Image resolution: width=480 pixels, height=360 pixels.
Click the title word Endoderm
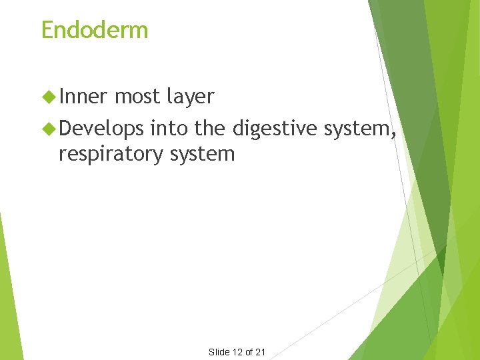pyautogui.click(x=95, y=30)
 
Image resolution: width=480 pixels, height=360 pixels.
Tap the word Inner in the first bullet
pyautogui.click(x=83, y=97)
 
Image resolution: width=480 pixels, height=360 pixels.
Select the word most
pyautogui.click(x=137, y=97)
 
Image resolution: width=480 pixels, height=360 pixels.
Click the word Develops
pyautogui.click(x=101, y=128)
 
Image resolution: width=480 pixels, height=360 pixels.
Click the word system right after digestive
pyautogui.click(x=358, y=128)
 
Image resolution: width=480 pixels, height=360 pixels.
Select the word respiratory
pyautogui.click(x=110, y=155)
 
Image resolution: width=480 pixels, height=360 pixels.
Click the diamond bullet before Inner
pyautogui.click(x=48, y=97)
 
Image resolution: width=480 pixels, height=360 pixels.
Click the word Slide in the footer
pyautogui.click(x=219, y=352)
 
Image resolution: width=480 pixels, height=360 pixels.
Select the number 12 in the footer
pyautogui.click(x=237, y=352)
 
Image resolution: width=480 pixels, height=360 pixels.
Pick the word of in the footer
pyautogui.click(x=249, y=352)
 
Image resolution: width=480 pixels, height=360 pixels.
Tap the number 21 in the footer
pyautogui.click(x=261, y=352)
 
